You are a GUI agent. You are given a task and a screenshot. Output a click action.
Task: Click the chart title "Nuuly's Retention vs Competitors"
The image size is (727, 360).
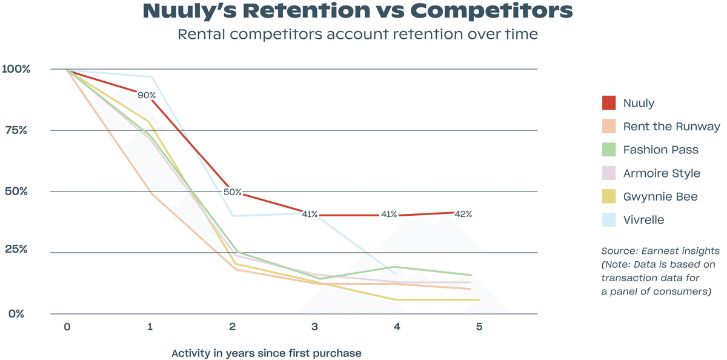[x=357, y=11]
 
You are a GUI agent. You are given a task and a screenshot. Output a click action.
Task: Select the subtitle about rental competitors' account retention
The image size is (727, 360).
[x=357, y=34]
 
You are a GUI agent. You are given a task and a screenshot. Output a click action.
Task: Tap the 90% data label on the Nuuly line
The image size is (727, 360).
[x=147, y=95]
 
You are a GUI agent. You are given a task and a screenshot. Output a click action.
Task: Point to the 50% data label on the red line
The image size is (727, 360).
[x=233, y=192]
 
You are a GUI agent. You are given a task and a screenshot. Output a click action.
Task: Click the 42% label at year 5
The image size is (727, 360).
[x=462, y=214]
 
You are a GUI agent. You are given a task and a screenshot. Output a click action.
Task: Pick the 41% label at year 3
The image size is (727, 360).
[x=309, y=215]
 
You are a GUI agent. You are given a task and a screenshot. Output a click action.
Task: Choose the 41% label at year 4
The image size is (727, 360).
[x=388, y=215]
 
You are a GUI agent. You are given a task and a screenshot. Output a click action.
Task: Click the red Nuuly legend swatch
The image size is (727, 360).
[x=609, y=103]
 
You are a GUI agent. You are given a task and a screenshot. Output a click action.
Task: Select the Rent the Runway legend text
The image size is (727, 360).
[x=671, y=127]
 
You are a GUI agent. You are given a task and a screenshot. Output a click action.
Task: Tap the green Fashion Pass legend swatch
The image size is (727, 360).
[x=609, y=150]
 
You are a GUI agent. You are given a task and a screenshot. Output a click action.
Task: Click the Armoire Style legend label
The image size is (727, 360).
[x=662, y=173]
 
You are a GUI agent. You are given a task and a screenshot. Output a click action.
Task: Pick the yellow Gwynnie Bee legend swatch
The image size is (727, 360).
[x=609, y=196]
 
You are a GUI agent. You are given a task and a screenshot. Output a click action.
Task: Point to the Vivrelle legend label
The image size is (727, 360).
[x=643, y=220]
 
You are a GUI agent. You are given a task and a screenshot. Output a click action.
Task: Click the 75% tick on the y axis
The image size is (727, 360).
[x=15, y=130]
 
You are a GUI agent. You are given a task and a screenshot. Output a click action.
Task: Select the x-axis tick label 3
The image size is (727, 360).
[x=314, y=327]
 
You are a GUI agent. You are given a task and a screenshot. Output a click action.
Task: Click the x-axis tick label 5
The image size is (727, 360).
[x=479, y=327]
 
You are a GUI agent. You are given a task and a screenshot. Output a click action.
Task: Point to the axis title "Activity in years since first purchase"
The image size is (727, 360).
[x=266, y=353]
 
